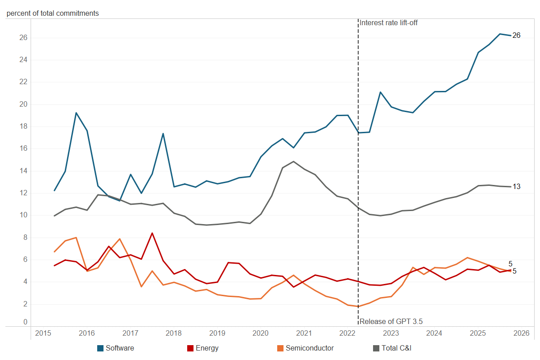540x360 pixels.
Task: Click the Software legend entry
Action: [116, 348]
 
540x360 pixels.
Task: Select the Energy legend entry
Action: [202, 348]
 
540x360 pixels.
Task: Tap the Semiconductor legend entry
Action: [306, 348]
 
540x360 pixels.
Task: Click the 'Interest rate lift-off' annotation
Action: [389, 22]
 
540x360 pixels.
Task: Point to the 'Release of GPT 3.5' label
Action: [391, 321]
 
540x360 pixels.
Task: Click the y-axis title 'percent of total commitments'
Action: [53, 13]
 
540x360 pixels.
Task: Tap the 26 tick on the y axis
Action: [23, 38]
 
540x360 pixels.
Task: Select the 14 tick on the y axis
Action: [23, 171]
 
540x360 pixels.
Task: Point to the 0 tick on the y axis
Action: [25, 322]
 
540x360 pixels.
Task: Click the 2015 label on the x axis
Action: [43, 333]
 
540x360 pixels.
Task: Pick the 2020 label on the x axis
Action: [261, 333]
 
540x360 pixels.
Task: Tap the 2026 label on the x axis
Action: [521, 333]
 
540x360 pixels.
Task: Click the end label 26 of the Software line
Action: [517, 36]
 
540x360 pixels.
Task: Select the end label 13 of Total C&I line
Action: [517, 186]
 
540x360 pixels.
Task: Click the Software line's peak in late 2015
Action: [76, 112]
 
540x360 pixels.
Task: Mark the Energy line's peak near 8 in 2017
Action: [152, 233]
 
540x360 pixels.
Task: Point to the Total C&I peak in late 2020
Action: [293, 162]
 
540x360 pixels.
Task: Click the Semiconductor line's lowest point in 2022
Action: [358, 306]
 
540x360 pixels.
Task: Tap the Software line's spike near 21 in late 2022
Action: [380, 92]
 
